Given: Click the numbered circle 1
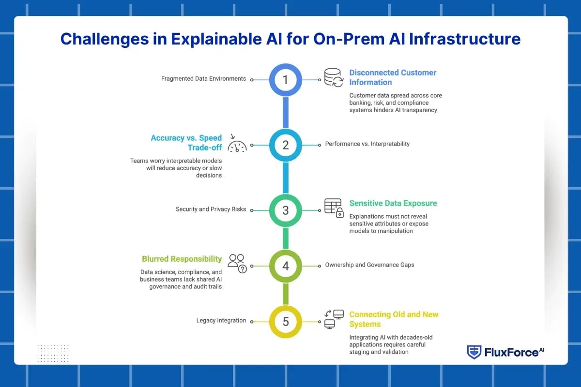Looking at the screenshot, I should point(286,79).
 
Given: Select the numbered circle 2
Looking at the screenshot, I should point(286,145).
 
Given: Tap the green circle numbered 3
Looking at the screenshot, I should point(286,210).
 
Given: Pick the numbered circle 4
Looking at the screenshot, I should point(286,266).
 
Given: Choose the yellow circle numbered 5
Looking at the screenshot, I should point(286,321).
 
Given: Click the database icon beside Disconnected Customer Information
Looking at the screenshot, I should point(334,77).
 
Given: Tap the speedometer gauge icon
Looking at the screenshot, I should point(237,144).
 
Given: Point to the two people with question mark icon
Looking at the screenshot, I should point(237,264).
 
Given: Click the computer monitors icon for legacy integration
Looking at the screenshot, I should point(334,319).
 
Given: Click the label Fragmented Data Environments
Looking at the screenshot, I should point(203,78).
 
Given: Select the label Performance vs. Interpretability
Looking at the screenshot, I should point(367,144).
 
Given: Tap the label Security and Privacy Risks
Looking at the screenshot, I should point(211,209).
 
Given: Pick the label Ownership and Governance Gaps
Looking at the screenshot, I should point(369,265).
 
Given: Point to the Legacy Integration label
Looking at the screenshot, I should point(221,320).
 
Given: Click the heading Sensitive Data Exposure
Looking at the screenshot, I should point(393,203).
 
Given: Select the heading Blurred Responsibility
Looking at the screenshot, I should point(182,259).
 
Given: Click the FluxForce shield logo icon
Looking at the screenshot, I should point(474,352).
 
